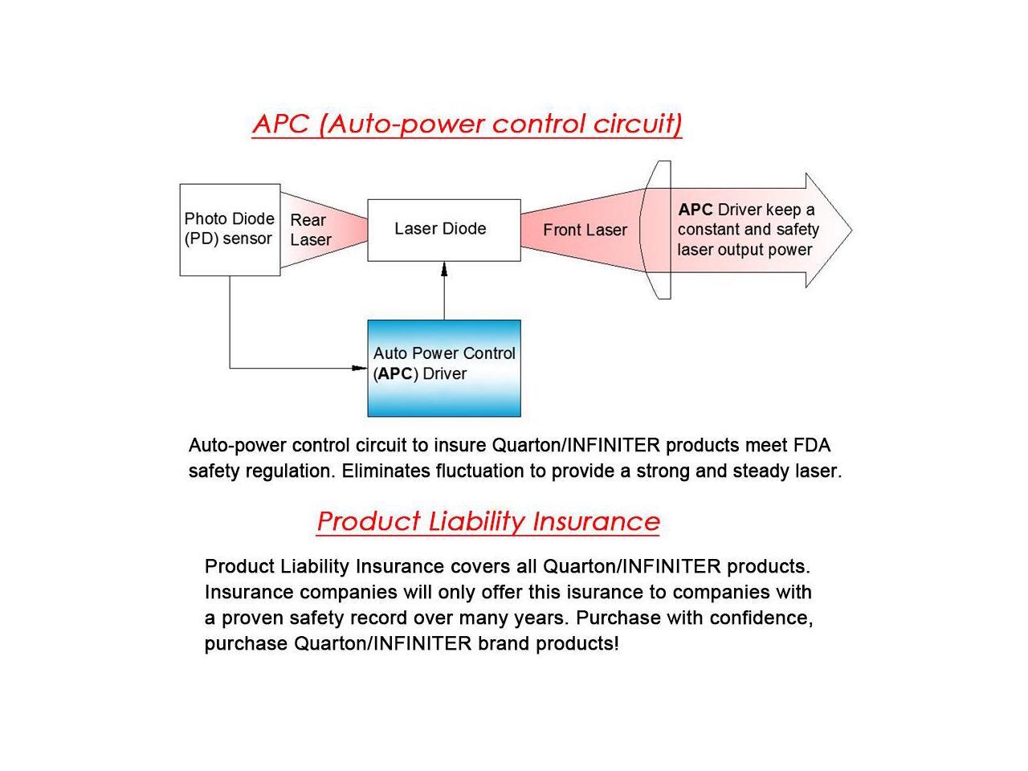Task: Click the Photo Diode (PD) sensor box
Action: (x=230, y=230)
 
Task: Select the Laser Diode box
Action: (x=444, y=230)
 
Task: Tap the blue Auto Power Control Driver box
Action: (x=444, y=369)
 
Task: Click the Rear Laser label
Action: (x=311, y=230)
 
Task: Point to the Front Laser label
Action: (x=585, y=230)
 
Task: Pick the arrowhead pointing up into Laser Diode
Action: (x=444, y=269)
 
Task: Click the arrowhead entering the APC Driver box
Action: (x=360, y=368)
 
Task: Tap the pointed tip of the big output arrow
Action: (x=851, y=230)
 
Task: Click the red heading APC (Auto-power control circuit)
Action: (x=467, y=124)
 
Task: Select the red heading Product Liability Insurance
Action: (x=488, y=521)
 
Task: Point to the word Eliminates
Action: (x=386, y=471)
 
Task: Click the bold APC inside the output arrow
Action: (x=695, y=210)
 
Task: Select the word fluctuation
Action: (x=479, y=471)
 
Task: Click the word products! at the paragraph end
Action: (x=577, y=644)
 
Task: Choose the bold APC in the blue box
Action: (x=395, y=373)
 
